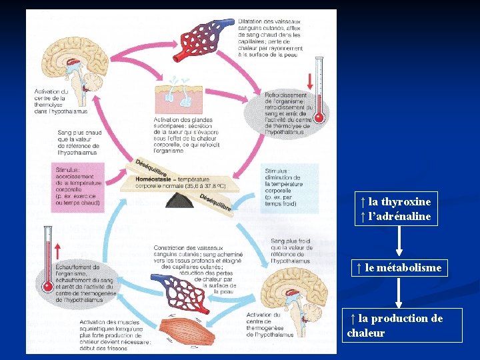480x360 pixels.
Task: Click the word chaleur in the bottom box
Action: pyautogui.click(x=366, y=333)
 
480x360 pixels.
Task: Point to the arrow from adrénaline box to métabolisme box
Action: pyautogui.click(x=399, y=241)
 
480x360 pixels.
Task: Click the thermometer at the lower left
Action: pyautogui.click(x=47, y=260)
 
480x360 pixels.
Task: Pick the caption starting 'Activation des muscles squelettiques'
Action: pyautogui.click(x=113, y=333)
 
